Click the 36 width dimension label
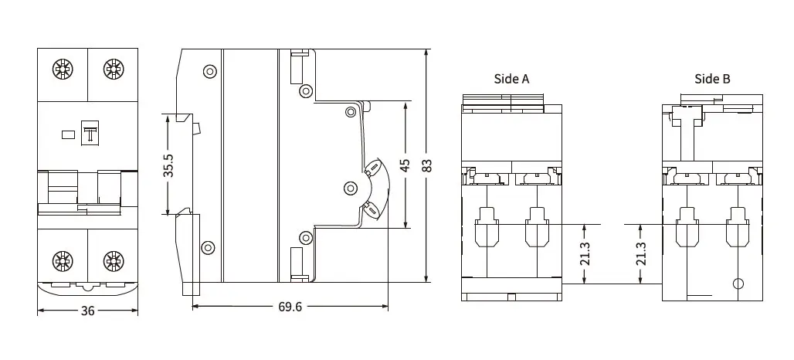pos(87,311)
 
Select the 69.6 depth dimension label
pos(290,307)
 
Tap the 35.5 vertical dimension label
pos(168,165)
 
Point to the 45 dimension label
pos(405,165)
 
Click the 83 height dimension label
pos(427,165)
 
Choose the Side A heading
pos(511,79)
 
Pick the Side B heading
pos(712,79)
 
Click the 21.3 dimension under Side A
pos(585,254)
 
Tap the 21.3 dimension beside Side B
pos(641,254)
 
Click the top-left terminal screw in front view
pos(63,70)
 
